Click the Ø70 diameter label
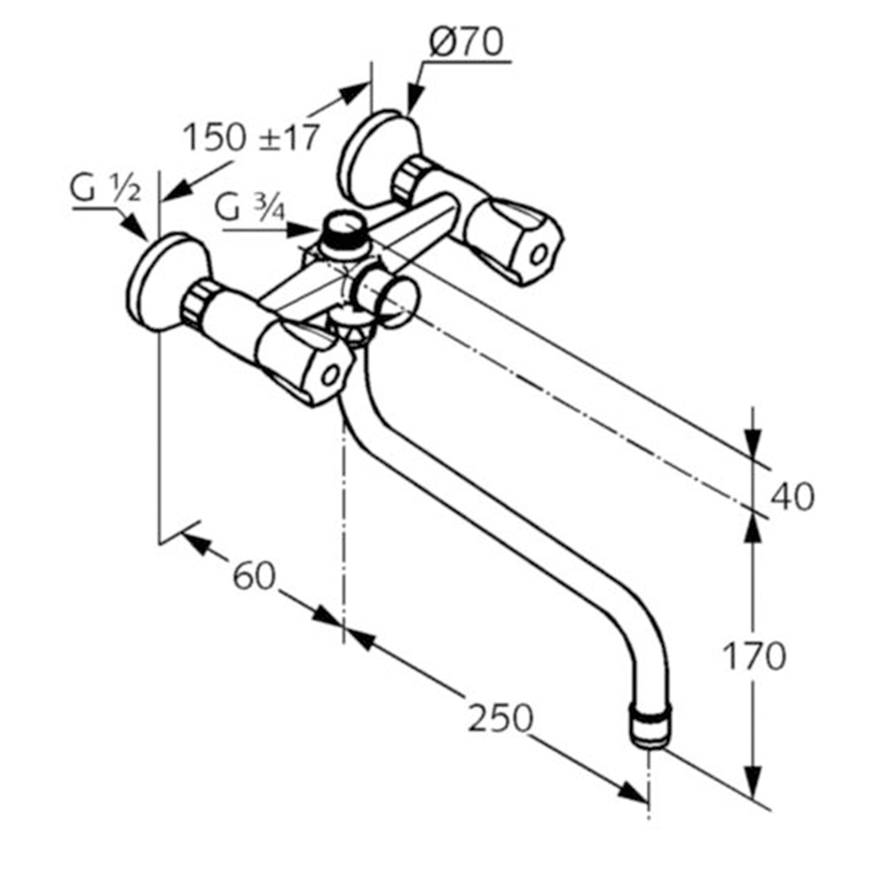pos(466,43)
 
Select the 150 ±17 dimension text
pos(251,138)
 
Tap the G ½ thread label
pos(105,190)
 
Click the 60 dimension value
pos(254,577)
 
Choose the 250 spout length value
pos(501,718)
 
